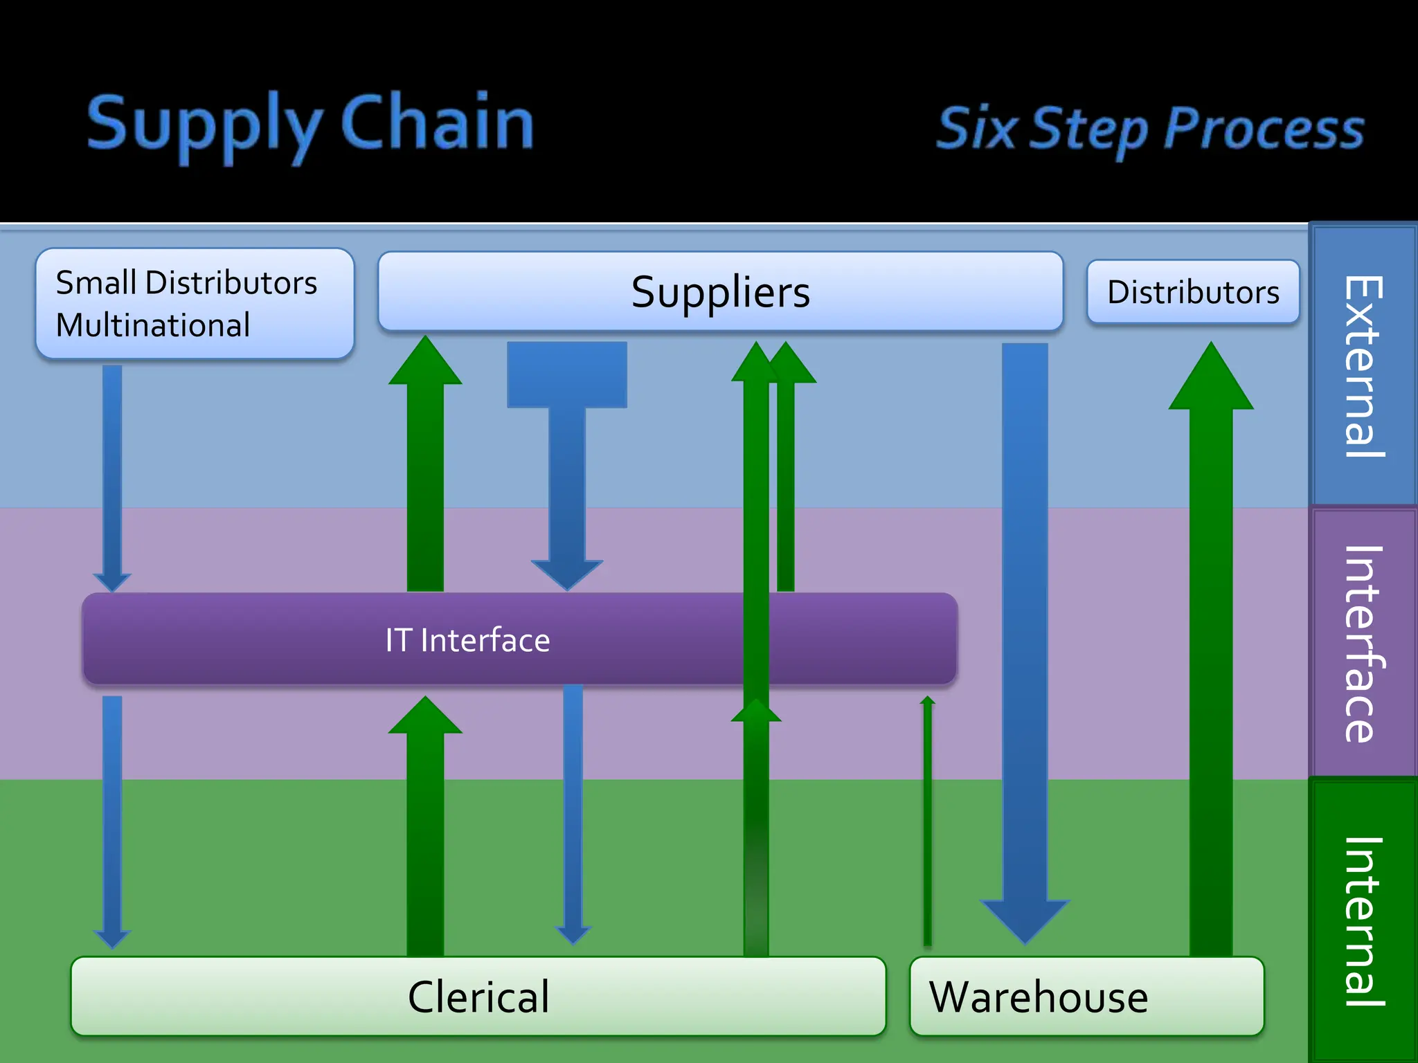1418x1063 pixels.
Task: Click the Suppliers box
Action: coord(720,291)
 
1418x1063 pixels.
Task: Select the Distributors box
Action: coord(1193,291)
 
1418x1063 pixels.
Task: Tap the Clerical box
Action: coord(478,997)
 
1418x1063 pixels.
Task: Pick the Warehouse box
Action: coord(1086,997)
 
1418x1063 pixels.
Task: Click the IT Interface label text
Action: coord(467,640)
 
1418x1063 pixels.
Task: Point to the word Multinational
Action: coord(153,325)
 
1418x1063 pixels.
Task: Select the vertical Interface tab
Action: coord(1363,644)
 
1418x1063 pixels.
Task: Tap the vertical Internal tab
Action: coord(1363,920)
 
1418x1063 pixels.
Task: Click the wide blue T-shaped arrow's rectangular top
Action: coord(567,374)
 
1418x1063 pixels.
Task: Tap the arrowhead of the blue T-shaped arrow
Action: coord(567,574)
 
